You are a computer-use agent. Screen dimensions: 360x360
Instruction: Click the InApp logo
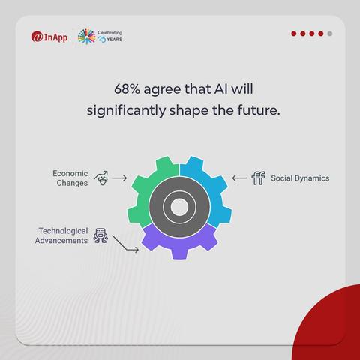click(49, 37)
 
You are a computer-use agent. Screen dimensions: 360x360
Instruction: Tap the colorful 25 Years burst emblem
click(86, 37)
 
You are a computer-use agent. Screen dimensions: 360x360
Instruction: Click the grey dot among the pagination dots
click(330, 34)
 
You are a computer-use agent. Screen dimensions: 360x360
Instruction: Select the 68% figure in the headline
click(127, 89)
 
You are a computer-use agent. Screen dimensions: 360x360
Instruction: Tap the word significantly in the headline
click(126, 111)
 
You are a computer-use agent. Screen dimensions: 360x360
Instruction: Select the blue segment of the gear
click(215, 190)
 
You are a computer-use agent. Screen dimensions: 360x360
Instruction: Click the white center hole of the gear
click(179, 207)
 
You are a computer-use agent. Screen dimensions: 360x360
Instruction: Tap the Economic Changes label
click(70, 178)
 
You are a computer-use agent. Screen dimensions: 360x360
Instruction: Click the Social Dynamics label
click(300, 178)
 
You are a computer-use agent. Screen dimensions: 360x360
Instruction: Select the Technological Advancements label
click(61, 235)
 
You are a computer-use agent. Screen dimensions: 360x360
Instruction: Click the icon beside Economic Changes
click(101, 178)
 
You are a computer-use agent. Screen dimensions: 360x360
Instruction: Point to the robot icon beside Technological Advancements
click(100, 235)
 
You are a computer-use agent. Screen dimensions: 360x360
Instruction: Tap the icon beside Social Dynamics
click(259, 178)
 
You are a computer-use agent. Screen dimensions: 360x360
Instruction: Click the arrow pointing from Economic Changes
click(119, 178)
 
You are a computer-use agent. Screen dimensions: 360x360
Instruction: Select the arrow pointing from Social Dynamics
click(239, 178)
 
